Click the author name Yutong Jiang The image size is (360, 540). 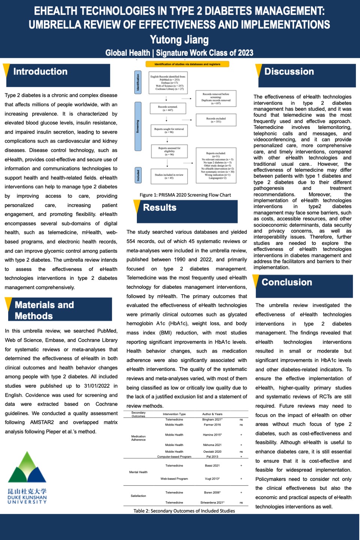click(x=179, y=40)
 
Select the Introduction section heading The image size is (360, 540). click(x=40, y=72)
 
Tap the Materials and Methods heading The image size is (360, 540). click(x=44, y=310)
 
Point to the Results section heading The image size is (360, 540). click(x=160, y=208)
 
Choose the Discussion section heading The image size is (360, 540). click(x=289, y=72)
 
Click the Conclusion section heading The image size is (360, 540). click(x=287, y=282)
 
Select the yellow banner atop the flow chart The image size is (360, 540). click(x=187, y=64)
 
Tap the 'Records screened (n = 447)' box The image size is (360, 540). click(x=168, y=109)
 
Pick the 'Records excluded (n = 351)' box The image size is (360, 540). click(x=216, y=120)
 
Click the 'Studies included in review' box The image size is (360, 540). click(x=169, y=176)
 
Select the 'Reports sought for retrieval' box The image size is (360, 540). click(x=169, y=130)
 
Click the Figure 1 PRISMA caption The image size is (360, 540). click(x=185, y=195)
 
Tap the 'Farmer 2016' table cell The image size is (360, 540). click(x=212, y=425)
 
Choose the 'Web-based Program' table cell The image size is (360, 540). click(x=174, y=479)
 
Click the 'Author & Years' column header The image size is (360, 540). click(x=212, y=414)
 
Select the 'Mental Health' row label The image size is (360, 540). click(x=138, y=472)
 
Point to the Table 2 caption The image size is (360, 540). click(x=184, y=511)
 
